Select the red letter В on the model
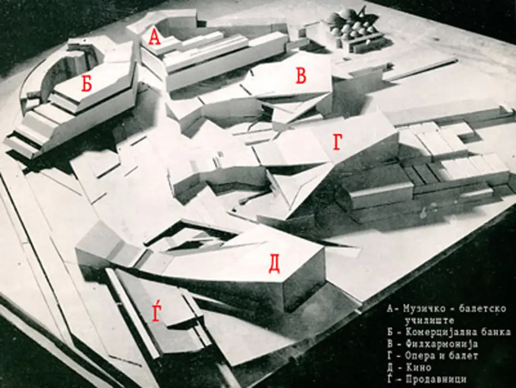[301, 75]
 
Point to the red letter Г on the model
[338, 143]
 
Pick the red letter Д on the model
[274, 265]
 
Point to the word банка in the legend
[495, 332]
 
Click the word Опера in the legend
[419, 356]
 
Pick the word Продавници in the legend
[435, 379]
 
